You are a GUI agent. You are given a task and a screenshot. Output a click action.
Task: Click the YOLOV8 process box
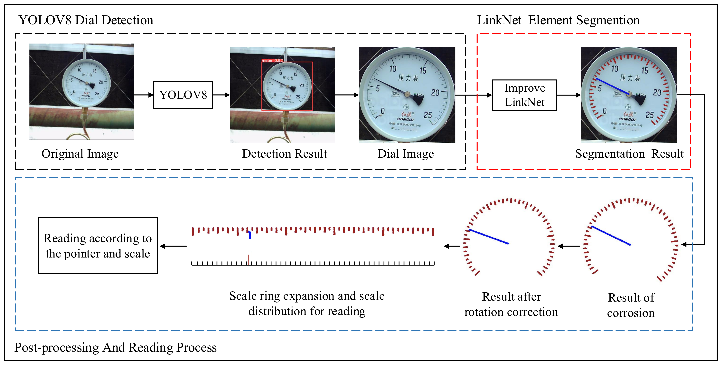(x=183, y=95)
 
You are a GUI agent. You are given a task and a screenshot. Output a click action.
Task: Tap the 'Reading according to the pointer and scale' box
(x=98, y=246)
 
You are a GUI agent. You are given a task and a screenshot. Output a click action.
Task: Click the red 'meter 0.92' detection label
(x=272, y=60)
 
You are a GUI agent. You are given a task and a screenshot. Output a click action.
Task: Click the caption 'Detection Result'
(x=284, y=154)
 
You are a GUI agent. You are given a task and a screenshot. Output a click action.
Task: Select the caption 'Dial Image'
(x=406, y=154)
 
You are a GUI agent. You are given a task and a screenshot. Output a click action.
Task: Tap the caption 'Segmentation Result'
(x=629, y=154)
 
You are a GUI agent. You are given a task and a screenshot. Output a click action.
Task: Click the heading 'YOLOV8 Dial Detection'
(x=86, y=20)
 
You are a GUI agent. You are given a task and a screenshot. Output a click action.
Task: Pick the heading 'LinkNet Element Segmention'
(x=558, y=20)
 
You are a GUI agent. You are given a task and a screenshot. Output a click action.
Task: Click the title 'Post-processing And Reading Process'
(x=115, y=347)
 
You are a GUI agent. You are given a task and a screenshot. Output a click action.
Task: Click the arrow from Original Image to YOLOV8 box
(x=144, y=95)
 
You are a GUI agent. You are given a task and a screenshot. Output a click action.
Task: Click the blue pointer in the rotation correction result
(x=489, y=237)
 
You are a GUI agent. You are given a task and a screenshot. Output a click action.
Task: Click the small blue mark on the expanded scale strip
(x=250, y=235)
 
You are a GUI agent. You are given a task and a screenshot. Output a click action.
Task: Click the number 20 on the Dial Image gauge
(x=435, y=93)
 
